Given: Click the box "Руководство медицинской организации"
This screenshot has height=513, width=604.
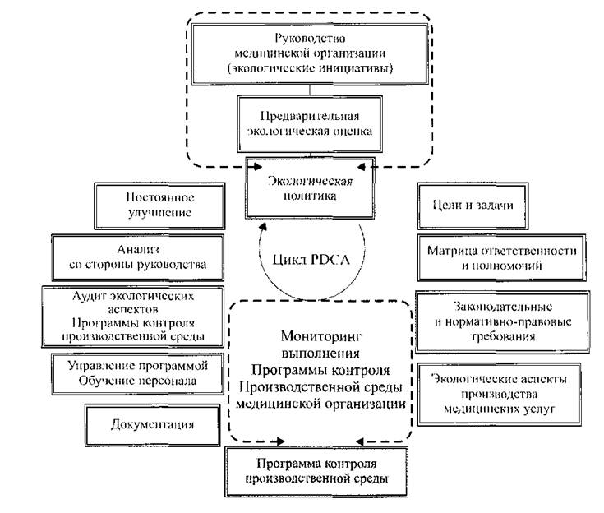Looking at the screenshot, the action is pos(310,54).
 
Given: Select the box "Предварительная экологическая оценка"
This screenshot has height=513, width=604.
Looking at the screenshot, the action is pos(310,123).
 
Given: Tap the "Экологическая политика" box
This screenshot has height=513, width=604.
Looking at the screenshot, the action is pos(310,188).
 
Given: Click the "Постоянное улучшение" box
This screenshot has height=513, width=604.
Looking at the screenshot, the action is pos(159,206).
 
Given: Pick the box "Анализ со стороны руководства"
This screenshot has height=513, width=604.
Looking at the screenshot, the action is pos(137,257).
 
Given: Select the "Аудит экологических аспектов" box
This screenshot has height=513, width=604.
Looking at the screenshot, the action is pos(132,317).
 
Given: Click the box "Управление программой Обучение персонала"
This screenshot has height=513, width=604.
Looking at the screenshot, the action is pos(137,374).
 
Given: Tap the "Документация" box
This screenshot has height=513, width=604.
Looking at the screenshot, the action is pos(153,425).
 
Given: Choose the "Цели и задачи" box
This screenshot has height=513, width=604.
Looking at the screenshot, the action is pos(473,206).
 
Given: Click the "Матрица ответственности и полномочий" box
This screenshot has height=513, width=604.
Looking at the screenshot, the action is pos(501,257).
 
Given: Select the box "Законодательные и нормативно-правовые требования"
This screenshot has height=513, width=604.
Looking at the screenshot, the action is pos(502,321).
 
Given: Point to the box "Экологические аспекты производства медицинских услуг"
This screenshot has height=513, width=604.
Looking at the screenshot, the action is pos(499,394).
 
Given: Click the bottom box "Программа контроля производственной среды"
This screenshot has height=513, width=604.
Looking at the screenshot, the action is pos(316,471).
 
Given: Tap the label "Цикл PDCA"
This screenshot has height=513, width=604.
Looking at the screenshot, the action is pos(311,260).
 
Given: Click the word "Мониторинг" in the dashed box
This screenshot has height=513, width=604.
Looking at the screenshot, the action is pos(320,336).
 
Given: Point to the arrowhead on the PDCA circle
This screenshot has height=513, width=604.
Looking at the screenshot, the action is pos(264,226).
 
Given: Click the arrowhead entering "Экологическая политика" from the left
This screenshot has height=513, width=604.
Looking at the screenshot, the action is pos(257,167).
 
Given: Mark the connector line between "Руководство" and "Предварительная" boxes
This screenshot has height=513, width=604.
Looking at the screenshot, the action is pos(310,90).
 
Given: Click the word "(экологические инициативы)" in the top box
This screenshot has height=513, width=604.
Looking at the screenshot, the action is pos(310,68).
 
